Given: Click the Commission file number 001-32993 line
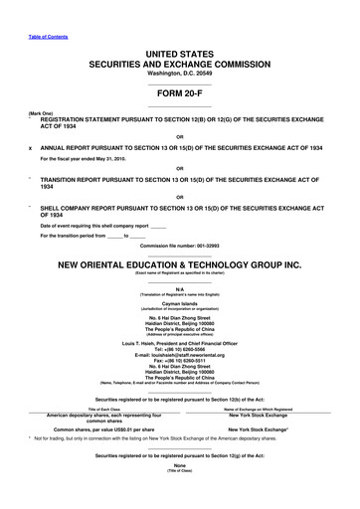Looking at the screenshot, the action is coord(179,244).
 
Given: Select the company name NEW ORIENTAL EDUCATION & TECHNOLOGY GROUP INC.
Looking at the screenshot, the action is coord(179,266).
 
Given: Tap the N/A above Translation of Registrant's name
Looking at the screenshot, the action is coord(179,288).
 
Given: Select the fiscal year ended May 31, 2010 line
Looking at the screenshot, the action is coord(95,159).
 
